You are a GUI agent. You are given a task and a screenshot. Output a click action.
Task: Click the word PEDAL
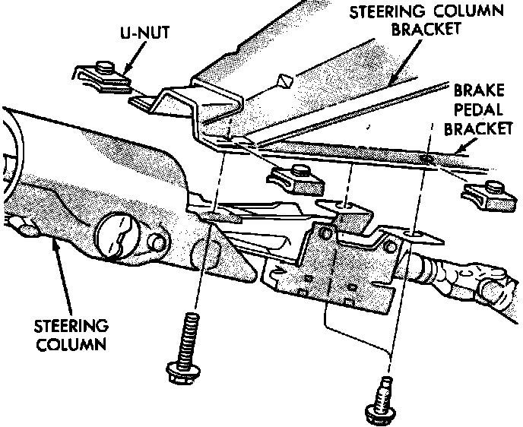click(477, 109)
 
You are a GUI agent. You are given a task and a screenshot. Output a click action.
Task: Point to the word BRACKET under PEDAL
click(478, 129)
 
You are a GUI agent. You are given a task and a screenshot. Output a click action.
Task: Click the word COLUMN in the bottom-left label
click(71, 343)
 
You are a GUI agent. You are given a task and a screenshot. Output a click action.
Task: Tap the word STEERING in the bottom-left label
click(71, 327)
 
